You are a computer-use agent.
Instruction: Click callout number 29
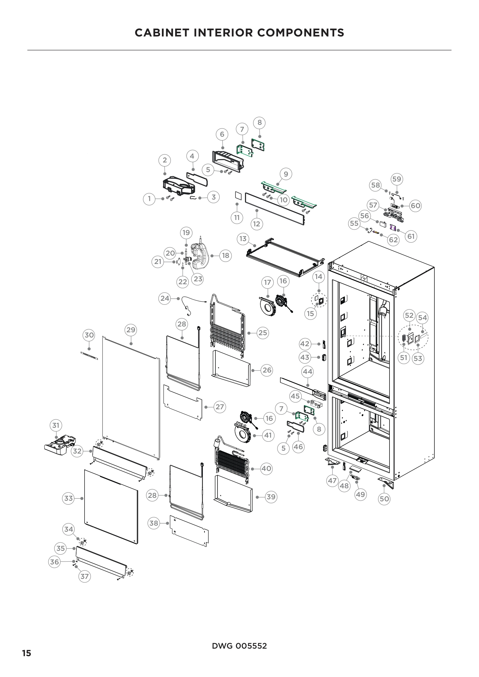coord(131,330)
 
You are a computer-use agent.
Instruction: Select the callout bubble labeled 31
coord(56,425)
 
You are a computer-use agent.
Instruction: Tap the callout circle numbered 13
coord(243,238)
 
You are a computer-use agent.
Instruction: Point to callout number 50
coord(384,499)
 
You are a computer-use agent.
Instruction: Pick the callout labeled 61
coord(411,236)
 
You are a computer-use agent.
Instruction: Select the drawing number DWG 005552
coord(239,646)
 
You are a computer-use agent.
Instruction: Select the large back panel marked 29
coord(131,395)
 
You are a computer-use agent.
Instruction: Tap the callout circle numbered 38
coord(153,523)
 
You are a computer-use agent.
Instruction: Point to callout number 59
coord(397,179)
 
